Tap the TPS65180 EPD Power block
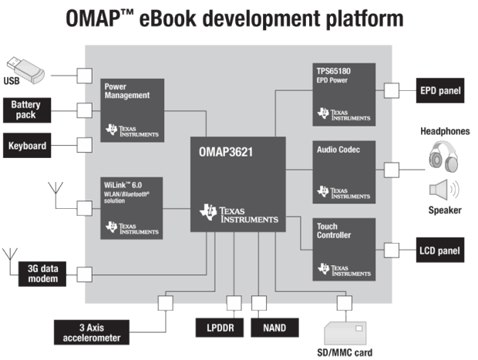344,93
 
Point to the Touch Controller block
344,249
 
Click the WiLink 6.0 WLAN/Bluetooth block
132,207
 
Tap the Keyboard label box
29,145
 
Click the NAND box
274,327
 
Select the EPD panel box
439,90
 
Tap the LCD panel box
439,251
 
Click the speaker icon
443,190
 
